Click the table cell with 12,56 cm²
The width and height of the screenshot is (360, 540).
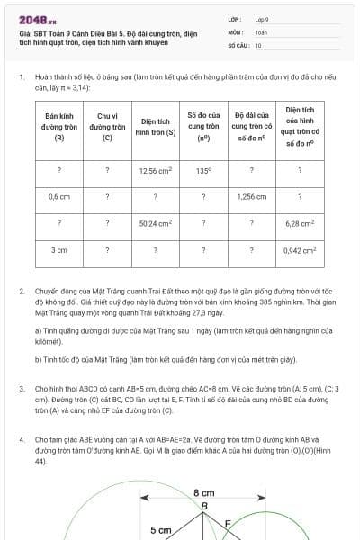[156, 169]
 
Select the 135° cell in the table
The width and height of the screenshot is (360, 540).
[203, 169]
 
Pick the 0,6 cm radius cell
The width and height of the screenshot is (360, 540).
[59, 195]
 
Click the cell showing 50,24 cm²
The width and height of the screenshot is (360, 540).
[156, 222]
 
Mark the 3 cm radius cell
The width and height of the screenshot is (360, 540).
[59, 249]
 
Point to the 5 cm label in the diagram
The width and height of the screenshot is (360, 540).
[160, 530]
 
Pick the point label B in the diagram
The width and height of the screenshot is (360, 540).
[204, 507]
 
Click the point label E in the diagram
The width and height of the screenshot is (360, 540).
[229, 522]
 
